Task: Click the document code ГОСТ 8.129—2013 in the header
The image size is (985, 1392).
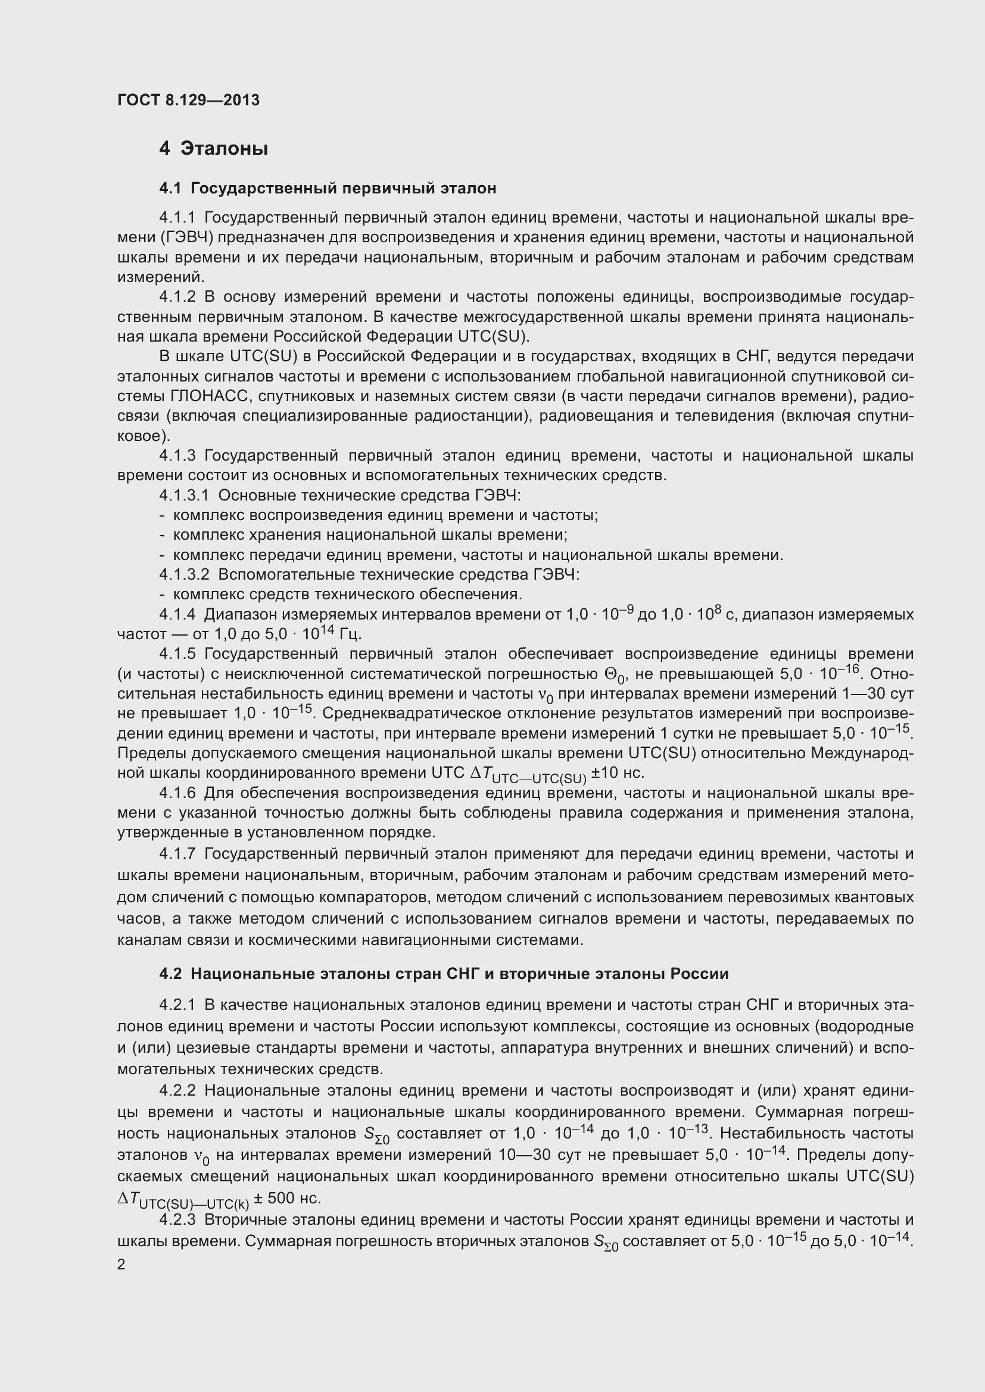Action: [x=188, y=100]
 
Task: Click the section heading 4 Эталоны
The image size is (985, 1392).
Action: [x=214, y=149]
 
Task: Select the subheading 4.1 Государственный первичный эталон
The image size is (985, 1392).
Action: [x=328, y=189]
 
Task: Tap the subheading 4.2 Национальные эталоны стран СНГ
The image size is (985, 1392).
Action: [x=444, y=974]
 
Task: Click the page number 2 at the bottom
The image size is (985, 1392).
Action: [x=121, y=1265]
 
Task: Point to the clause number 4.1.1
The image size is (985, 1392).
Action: [x=177, y=218]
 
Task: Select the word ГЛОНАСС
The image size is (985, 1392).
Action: [x=210, y=396]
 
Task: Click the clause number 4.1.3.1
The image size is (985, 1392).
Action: [x=184, y=495]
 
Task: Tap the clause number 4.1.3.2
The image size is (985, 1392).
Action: [x=184, y=574]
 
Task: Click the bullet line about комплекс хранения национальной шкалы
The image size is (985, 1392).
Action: [x=370, y=535]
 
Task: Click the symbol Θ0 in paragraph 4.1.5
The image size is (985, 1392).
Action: [x=616, y=675]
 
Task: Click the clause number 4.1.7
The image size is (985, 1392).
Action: [x=177, y=853]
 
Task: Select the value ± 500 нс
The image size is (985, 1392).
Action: [x=287, y=1199]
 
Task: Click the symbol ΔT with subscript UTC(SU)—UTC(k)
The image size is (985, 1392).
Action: [x=182, y=1200]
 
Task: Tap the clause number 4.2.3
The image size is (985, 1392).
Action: [x=177, y=1220]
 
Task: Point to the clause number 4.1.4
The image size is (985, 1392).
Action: [x=177, y=615]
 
